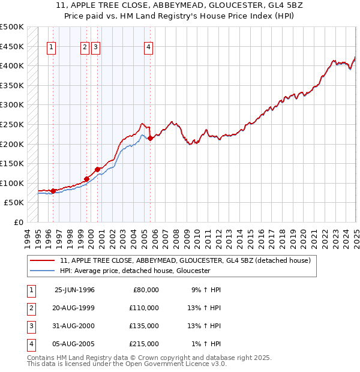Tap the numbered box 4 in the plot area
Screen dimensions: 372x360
click(148, 49)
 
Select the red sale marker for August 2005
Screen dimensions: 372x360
click(150, 139)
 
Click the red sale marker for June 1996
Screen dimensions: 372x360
click(53, 191)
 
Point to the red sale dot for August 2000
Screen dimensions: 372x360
click(97, 170)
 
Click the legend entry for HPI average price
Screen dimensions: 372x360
click(134, 271)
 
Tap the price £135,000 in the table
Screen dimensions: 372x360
click(145, 326)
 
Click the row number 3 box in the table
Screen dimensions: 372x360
click(30, 326)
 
